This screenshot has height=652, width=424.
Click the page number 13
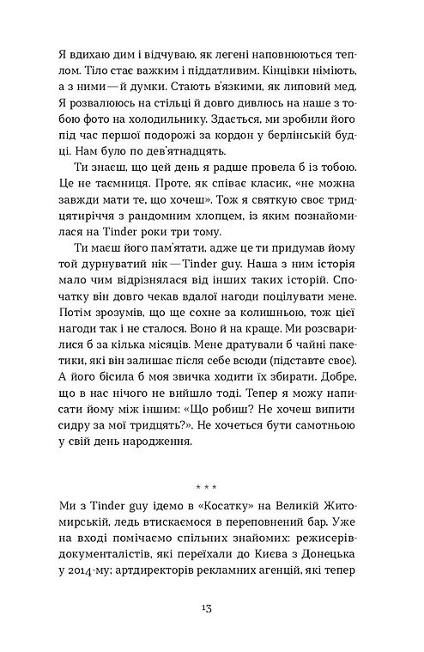pos(211,607)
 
